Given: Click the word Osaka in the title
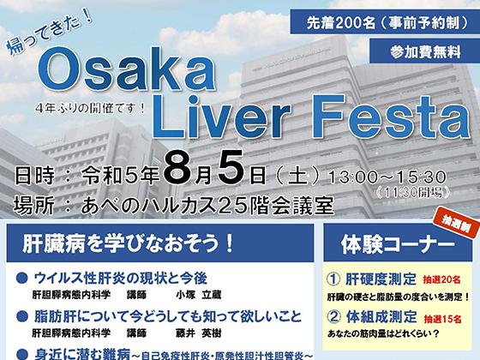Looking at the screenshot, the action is click(127, 69).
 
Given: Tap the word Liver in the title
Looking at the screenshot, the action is click(221, 117).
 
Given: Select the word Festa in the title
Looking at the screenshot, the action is click(391, 117).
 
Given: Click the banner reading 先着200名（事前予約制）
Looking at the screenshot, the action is click(385, 22).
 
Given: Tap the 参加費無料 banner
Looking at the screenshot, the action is click(425, 51).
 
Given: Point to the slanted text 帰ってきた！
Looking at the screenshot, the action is click(50, 33).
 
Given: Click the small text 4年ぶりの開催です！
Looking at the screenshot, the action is click(90, 108).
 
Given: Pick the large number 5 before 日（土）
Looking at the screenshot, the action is click(231, 169).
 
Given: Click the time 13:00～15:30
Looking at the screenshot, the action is click(387, 177).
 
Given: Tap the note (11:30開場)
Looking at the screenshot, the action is click(413, 193).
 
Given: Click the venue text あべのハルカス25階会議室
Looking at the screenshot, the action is click(207, 206).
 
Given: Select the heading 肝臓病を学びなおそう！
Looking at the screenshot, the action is click(128, 244).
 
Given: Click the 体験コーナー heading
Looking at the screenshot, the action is click(398, 244).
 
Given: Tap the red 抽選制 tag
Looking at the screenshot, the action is click(456, 226).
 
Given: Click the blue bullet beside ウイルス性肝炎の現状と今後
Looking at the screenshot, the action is click(22, 278).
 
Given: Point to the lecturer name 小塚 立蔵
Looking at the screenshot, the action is click(198, 295).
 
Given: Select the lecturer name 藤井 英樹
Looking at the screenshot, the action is click(198, 333).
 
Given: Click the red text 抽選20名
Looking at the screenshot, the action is click(441, 279).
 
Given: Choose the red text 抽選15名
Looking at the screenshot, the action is click(442, 319).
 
